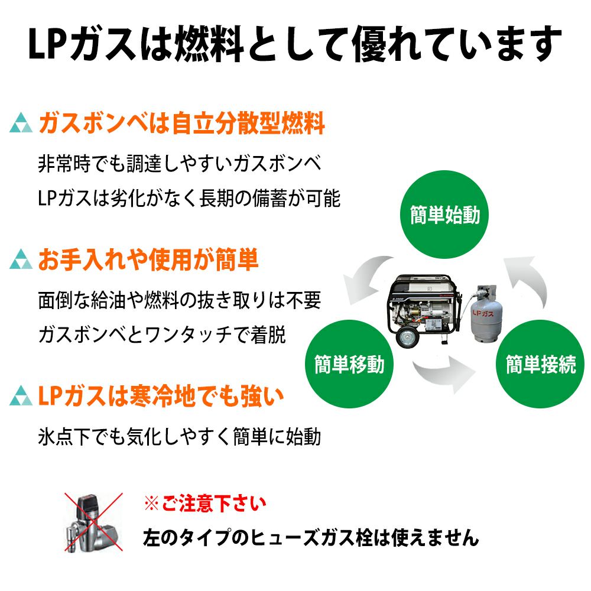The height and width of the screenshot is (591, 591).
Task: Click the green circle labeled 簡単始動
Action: [444, 214]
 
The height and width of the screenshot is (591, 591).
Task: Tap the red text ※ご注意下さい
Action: [204, 504]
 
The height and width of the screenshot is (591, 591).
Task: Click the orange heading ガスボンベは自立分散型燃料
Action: [181, 125]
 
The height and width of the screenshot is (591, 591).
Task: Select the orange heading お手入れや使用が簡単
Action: [148, 261]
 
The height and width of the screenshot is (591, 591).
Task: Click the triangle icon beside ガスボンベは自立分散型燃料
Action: [21, 125]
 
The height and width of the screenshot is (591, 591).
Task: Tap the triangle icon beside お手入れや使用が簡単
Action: [21, 261]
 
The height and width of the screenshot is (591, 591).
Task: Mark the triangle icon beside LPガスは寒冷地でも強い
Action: [21, 397]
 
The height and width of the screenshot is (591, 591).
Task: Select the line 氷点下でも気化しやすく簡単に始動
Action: [179, 437]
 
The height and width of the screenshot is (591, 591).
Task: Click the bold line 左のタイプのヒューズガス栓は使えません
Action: [310, 538]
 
